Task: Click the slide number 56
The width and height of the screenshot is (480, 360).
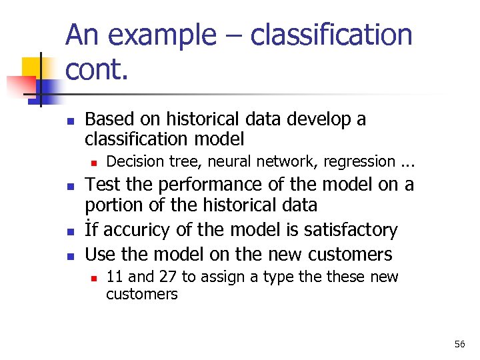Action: pyautogui.click(x=459, y=344)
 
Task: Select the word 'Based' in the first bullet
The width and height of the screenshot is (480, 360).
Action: pyautogui.click(x=109, y=119)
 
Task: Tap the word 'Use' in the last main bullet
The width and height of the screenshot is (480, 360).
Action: pyautogui.click(x=100, y=254)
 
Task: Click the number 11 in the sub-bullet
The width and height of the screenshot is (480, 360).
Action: pyautogui.click(x=114, y=277)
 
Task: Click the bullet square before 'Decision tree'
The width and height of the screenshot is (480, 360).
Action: pyautogui.click(x=94, y=162)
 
